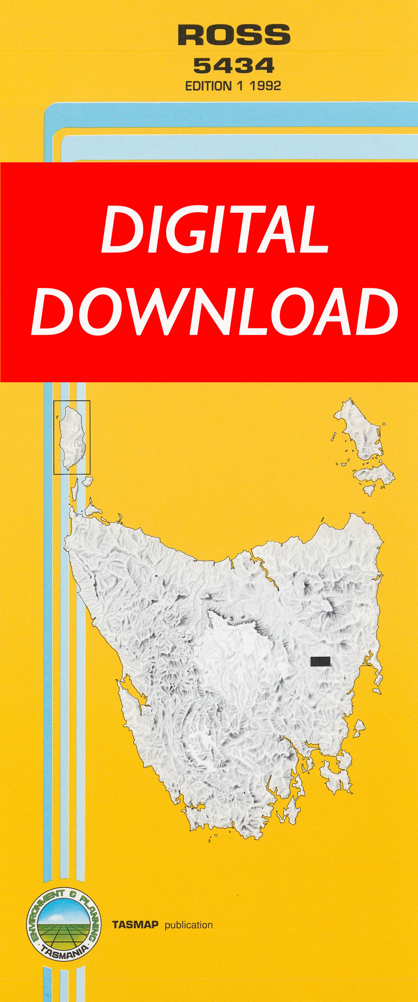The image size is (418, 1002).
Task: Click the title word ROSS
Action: tap(234, 35)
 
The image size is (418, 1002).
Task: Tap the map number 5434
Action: tap(234, 66)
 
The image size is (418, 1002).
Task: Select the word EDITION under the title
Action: tap(208, 86)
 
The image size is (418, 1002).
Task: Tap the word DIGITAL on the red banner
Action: tap(215, 230)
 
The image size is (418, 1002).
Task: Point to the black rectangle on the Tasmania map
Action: tap(320, 661)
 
